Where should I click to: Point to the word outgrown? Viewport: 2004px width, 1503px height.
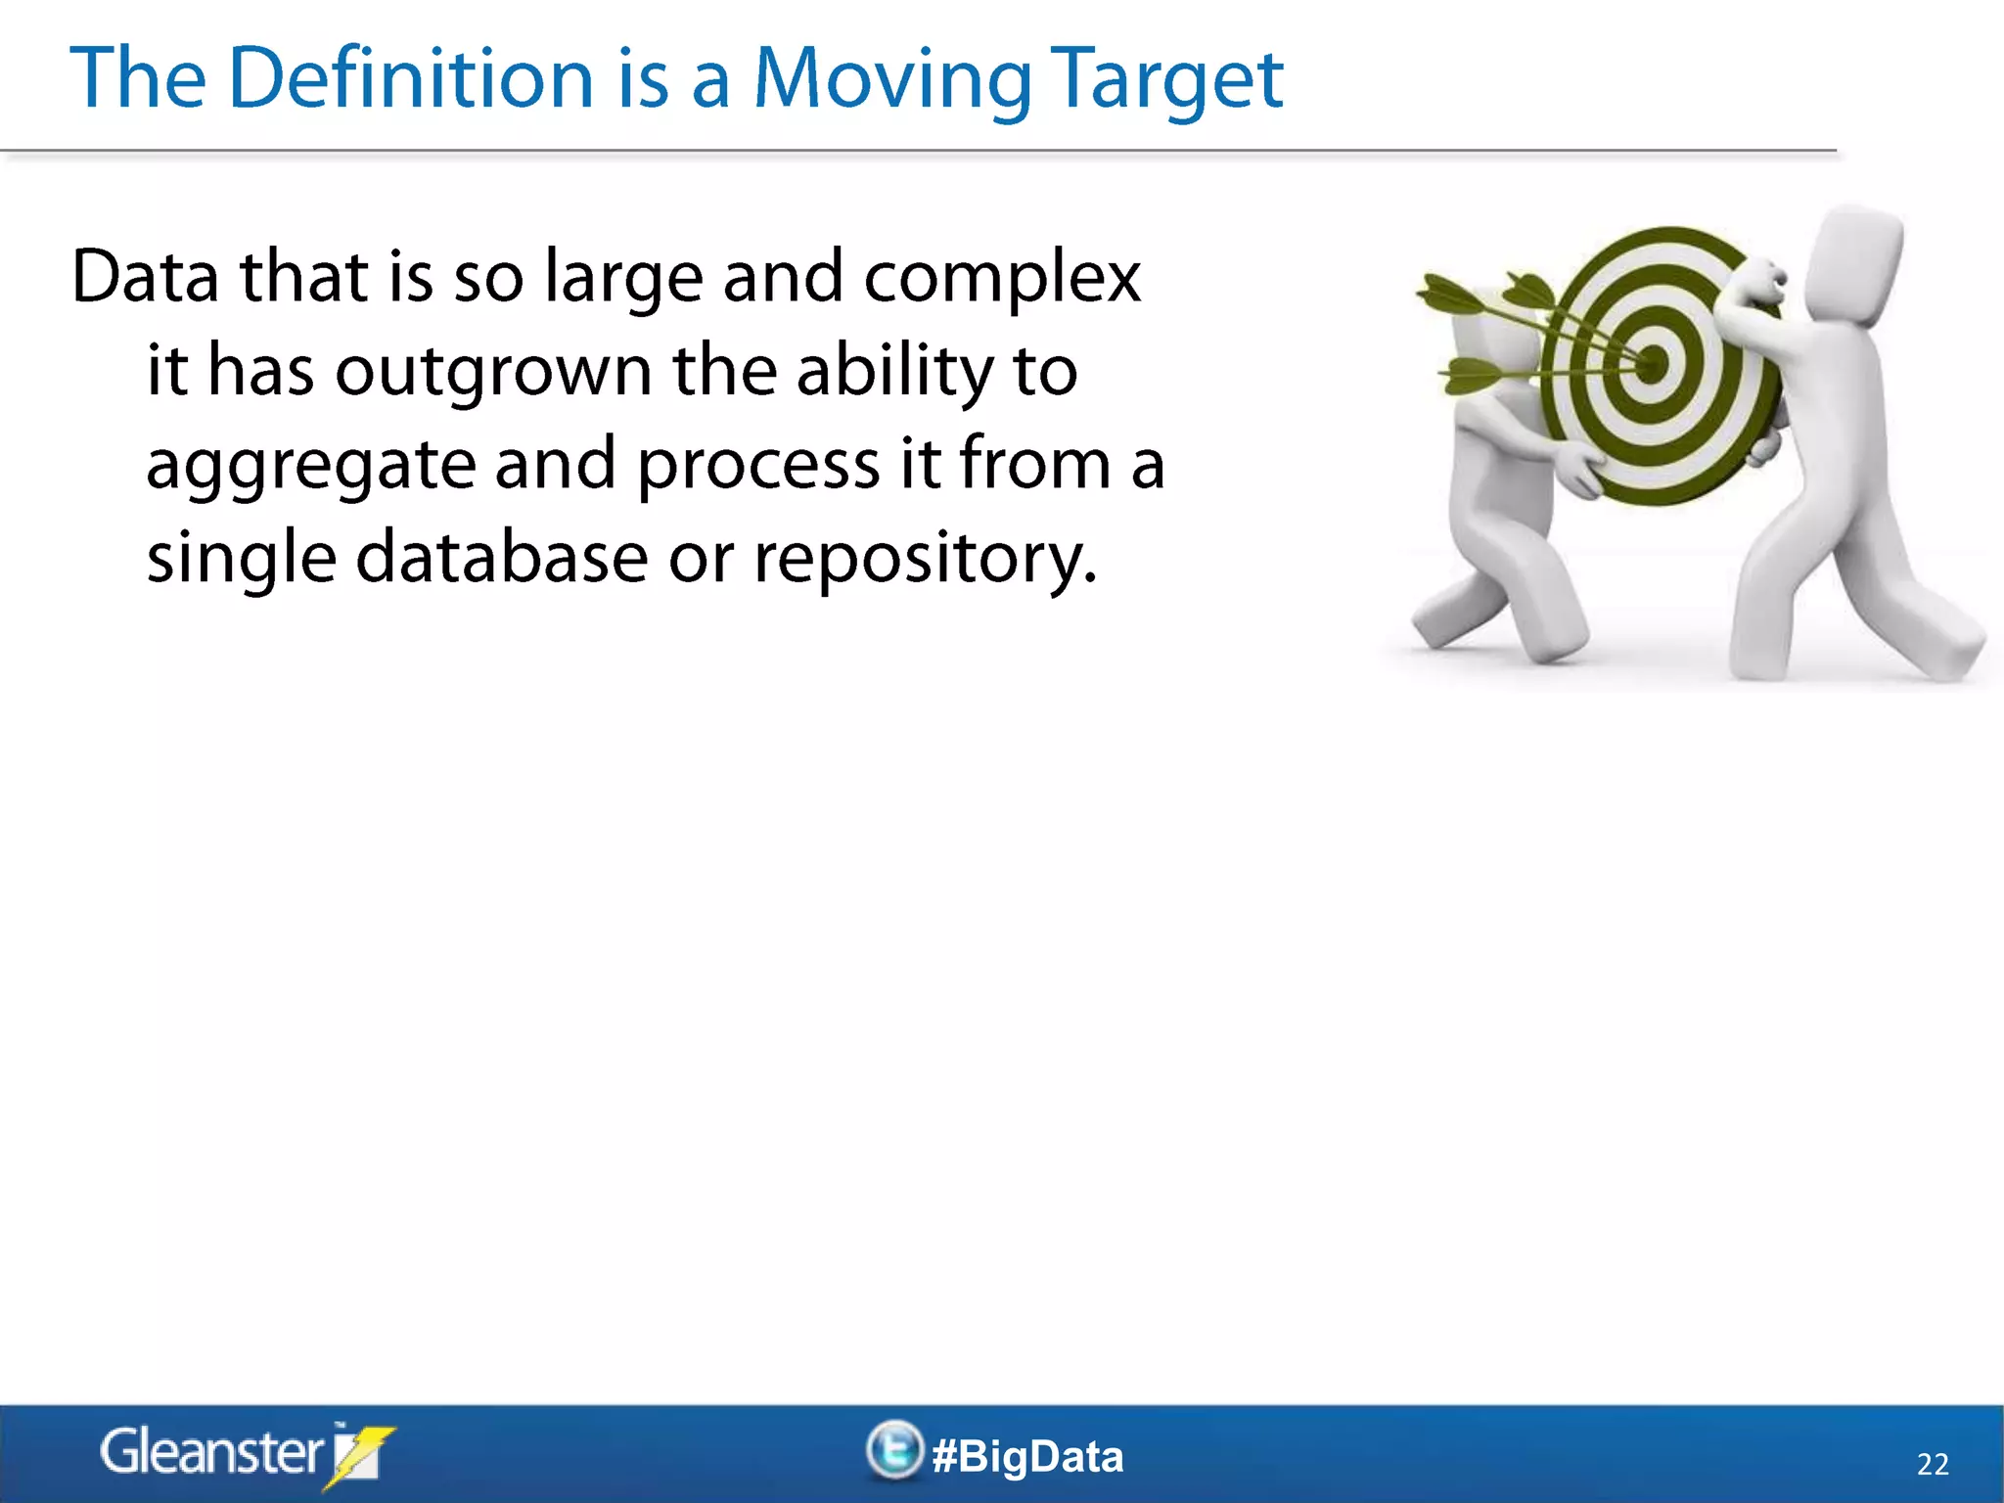493,373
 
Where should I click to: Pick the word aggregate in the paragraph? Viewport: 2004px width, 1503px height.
310,466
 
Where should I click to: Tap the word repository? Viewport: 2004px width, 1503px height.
924,560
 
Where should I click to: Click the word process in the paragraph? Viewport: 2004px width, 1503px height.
758,466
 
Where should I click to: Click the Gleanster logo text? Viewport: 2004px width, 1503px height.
210,1453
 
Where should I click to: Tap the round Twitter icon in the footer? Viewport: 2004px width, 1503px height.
894,1450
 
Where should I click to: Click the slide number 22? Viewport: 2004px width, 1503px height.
1933,1464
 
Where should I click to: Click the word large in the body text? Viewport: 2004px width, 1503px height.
622,279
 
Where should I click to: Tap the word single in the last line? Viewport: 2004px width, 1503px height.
242,560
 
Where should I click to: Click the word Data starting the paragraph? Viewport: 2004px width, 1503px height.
145,277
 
